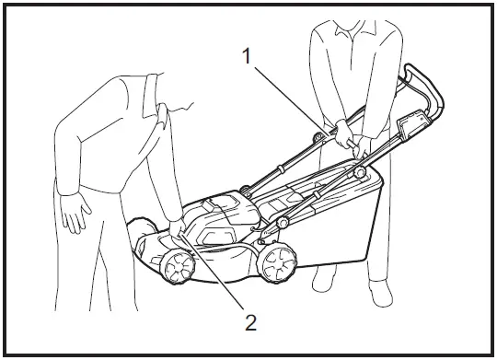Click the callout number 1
click(x=248, y=55)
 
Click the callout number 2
click(x=249, y=321)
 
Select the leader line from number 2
click(x=216, y=276)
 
